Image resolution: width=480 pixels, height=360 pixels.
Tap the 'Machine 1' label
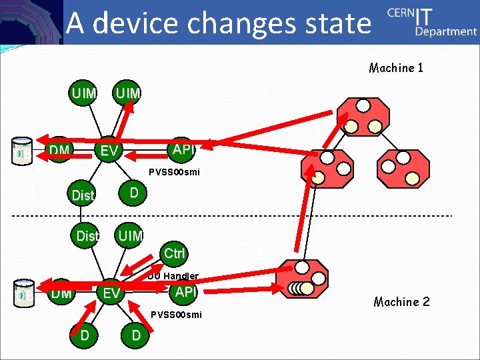coord(396,67)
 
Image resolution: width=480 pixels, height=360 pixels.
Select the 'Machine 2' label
coord(401,302)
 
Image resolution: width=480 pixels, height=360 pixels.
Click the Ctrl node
coord(174,253)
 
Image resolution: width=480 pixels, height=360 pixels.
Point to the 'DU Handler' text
coord(173,275)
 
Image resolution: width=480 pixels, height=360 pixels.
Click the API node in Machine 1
coord(182,150)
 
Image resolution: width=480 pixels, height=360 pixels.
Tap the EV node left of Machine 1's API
coord(109,151)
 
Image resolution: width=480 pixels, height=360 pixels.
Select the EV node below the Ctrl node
coord(111,293)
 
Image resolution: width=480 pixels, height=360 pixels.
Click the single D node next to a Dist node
coord(134,193)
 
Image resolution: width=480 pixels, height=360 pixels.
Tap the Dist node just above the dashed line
coord(82,195)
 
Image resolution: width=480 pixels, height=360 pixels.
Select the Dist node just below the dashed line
coord(87,236)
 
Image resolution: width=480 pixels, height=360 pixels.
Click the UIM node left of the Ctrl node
coord(130,235)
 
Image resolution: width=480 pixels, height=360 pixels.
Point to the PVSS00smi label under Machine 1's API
coord(174,172)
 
